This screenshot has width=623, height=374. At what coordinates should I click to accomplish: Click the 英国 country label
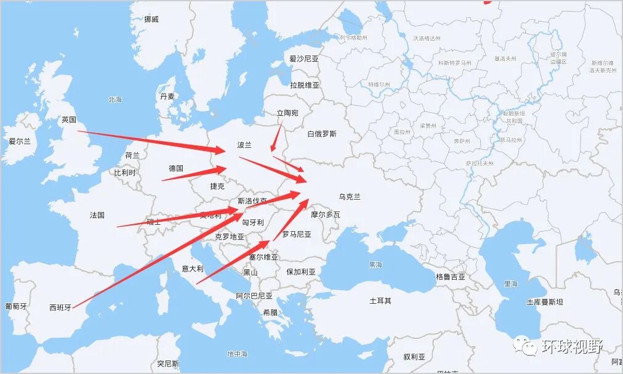(69, 120)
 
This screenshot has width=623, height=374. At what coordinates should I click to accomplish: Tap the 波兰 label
(244, 145)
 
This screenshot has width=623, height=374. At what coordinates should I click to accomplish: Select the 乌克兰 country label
(350, 197)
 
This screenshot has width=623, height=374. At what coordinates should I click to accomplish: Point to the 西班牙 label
(60, 306)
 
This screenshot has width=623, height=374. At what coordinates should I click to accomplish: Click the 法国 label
(97, 215)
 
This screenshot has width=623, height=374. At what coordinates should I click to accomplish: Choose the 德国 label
(176, 168)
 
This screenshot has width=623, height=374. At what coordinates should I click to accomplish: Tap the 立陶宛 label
(287, 113)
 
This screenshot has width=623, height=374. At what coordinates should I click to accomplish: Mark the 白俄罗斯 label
(322, 134)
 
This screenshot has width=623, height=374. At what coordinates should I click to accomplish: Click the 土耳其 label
(380, 301)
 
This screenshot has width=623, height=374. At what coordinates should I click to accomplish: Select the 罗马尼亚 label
(297, 234)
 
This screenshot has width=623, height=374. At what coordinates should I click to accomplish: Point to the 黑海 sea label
(376, 264)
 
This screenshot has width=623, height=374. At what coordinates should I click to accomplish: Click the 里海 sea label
(511, 284)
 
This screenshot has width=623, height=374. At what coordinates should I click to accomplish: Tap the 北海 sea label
(115, 99)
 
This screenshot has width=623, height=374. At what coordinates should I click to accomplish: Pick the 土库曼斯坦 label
(544, 302)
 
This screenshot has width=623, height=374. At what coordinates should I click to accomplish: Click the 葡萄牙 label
(16, 306)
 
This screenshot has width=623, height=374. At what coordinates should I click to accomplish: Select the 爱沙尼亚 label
(304, 59)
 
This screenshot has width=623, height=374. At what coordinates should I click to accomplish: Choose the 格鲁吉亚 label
(451, 277)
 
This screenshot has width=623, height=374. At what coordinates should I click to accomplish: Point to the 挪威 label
(151, 19)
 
